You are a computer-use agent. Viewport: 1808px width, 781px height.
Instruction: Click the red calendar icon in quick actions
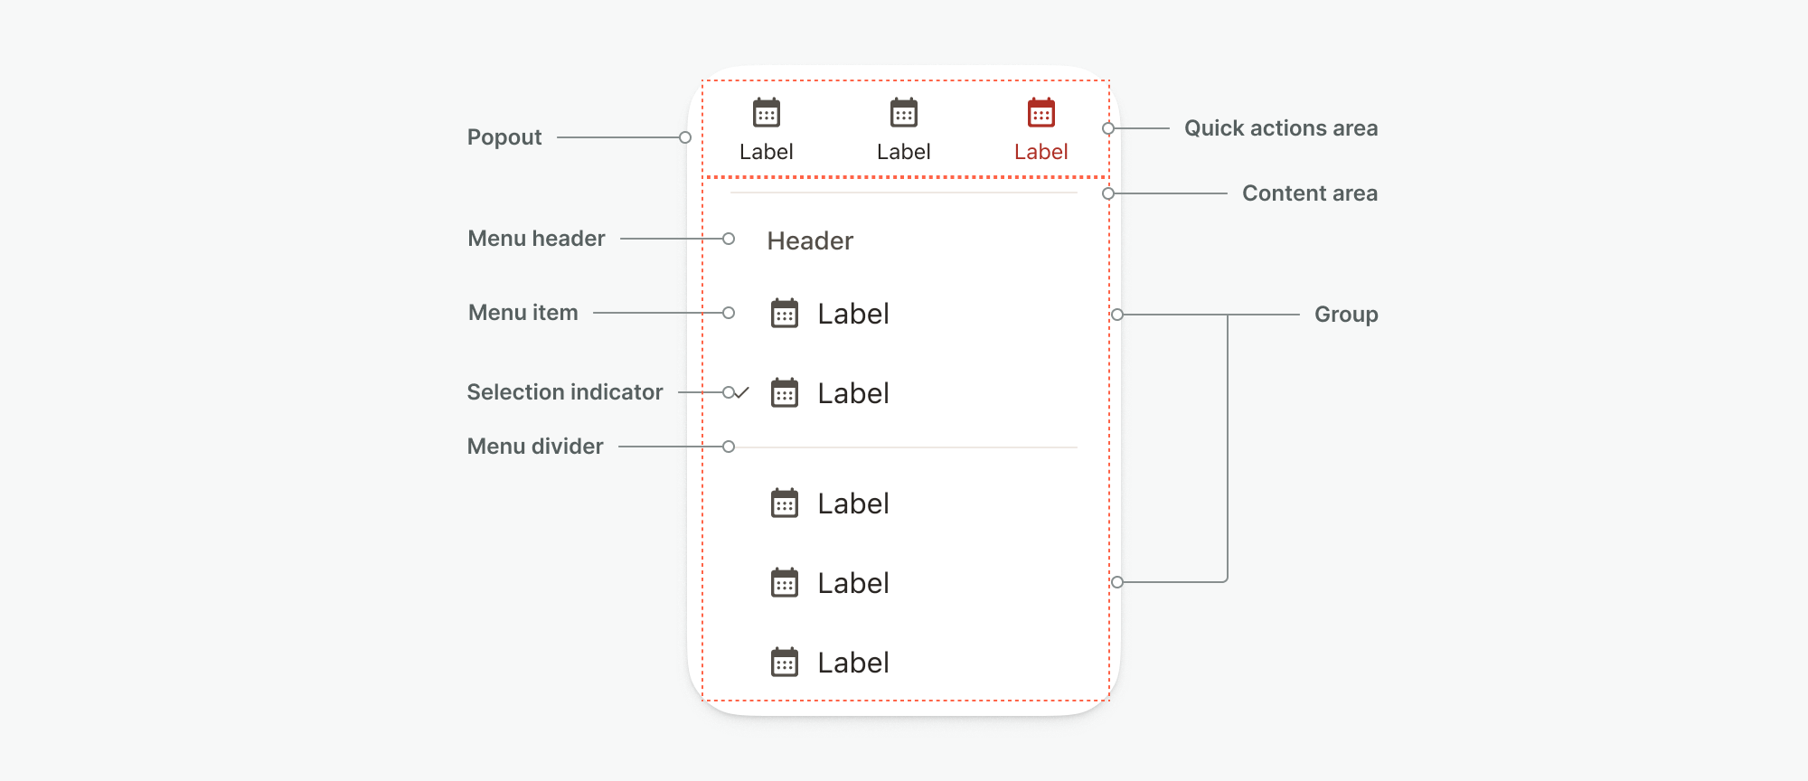click(x=1041, y=113)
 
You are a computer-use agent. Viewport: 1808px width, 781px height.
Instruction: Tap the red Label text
click(x=1041, y=152)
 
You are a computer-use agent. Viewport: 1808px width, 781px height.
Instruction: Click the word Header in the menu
click(x=810, y=240)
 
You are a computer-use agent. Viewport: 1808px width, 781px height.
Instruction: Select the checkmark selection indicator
click(x=741, y=392)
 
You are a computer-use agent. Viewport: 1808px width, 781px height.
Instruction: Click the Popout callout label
click(x=504, y=137)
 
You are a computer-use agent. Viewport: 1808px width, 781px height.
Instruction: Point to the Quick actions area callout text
click(x=1281, y=128)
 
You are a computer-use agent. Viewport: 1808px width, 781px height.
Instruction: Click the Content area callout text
click(x=1310, y=193)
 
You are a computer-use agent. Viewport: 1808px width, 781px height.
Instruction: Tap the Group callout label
click(x=1346, y=315)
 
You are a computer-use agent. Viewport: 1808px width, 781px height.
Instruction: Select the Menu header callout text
click(x=536, y=239)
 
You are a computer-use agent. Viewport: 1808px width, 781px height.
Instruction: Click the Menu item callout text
click(x=523, y=313)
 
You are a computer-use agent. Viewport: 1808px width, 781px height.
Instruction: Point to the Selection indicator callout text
click(x=565, y=392)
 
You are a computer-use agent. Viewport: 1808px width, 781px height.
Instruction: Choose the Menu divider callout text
click(x=535, y=447)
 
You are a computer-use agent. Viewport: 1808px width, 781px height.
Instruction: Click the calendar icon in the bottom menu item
click(x=785, y=662)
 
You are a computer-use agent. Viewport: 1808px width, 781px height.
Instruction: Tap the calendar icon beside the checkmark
click(x=785, y=392)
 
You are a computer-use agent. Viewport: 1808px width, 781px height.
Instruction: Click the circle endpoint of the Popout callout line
click(x=685, y=137)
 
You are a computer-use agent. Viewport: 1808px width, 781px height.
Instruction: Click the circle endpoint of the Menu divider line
click(x=729, y=447)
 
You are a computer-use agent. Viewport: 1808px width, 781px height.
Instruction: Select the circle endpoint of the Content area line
click(x=1108, y=193)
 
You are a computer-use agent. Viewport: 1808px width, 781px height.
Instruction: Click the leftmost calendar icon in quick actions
click(x=767, y=113)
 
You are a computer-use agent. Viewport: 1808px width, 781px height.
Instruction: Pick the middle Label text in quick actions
click(x=903, y=152)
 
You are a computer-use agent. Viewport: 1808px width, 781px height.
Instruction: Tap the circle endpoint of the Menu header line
click(x=729, y=239)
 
